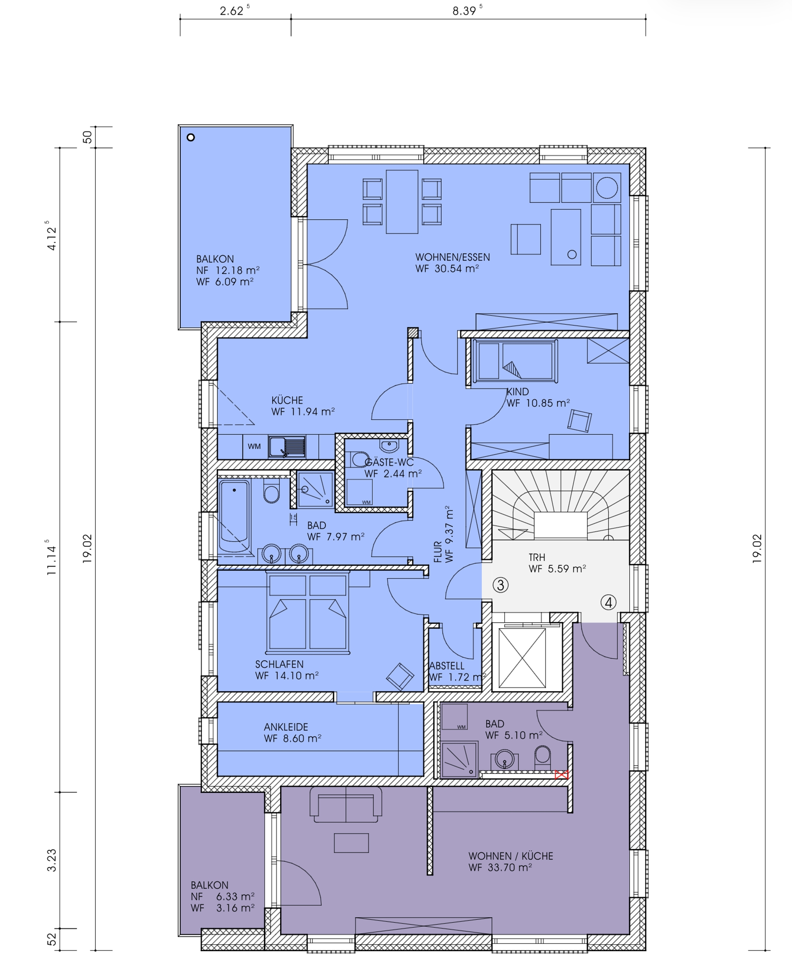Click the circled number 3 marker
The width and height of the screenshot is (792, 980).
coord(500,585)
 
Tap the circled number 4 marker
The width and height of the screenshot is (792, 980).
coord(608,602)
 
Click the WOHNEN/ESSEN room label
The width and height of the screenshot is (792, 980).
coord(452,257)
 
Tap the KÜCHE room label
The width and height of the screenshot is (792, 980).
coord(287,400)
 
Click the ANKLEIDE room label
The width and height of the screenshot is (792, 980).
coord(285,727)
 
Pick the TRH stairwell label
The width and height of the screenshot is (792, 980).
coord(537,557)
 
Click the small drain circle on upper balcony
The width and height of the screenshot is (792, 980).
coord(191,137)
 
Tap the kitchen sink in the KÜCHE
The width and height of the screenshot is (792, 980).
coord(287,447)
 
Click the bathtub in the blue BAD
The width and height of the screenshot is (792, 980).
coord(234,516)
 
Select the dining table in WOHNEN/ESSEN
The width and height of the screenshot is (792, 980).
coord(402,202)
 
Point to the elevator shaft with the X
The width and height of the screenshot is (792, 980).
coord(522,658)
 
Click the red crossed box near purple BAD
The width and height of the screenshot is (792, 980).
coord(561,775)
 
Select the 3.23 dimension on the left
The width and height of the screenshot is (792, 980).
coord(52,860)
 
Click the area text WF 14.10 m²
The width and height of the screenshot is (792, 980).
coord(287,676)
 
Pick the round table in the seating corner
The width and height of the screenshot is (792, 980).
coord(607,188)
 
